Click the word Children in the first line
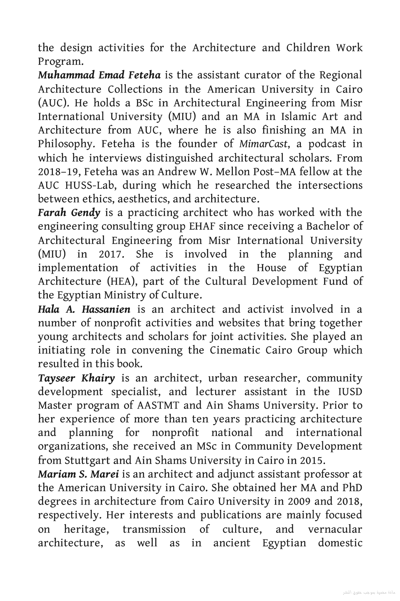click(x=308, y=48)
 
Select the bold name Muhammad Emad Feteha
click(x=99, y=75)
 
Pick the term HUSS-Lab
click(x=91, y=185)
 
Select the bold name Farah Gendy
click(x=69, y=213)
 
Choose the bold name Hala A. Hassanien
click(x=84, y=309)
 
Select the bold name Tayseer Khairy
click(x=77, y=378)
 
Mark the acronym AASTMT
click(x=158, y=406)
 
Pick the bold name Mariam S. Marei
click(x=78, y=474)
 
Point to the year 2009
click(x=299, y=502)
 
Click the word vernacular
click(x=335, y=529)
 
